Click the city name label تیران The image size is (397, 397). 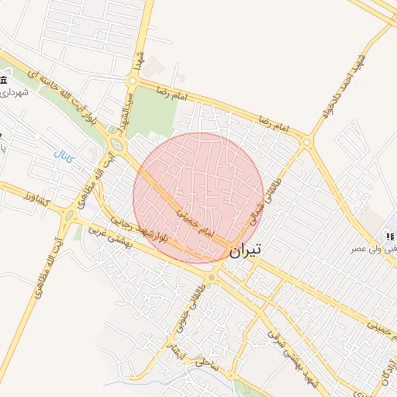click(x=246, y=250)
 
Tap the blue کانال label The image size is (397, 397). click(x=64, y=156)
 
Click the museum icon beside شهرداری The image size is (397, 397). click(x=4, y=81)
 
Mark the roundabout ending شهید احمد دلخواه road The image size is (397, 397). click(x=307, y=142)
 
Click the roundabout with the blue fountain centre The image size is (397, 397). click(x=117, y=143)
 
